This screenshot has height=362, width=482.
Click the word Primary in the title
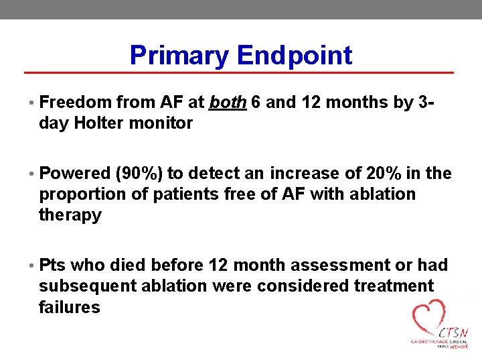coord(179,55)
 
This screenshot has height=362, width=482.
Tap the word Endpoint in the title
coord(294,55)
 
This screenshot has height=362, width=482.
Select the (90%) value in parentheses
coord(139,174)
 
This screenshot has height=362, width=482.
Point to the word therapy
coord(70,215)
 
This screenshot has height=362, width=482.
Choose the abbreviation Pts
coord(52,265)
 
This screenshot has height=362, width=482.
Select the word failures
coord(70,307)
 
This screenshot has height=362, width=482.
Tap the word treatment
coord(391,286)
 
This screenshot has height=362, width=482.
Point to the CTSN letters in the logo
coord(454,333)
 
